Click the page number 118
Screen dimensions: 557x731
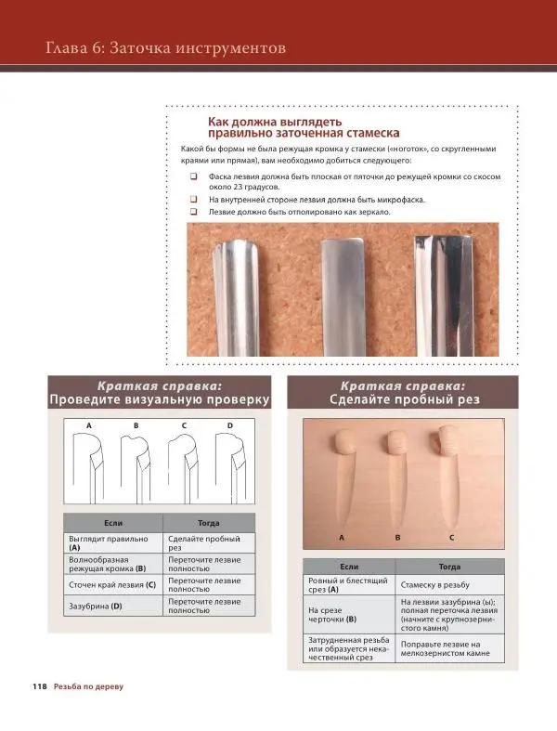tap(40, 686)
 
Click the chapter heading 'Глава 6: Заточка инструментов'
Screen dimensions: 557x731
tap(165, 48)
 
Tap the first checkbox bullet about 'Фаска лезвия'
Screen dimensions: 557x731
tap(193, 176)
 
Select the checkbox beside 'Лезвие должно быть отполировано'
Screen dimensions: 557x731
tap(193, 212)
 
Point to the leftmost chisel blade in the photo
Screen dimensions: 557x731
tap(236, 298)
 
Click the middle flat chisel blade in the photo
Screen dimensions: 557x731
tap(343, 297)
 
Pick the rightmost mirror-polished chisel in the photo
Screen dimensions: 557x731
tap(444, 295)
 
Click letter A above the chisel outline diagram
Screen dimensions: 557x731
tap(89, 425)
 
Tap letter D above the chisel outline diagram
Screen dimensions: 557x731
tap(230, 425)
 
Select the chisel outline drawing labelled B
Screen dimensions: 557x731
tap(136, 469)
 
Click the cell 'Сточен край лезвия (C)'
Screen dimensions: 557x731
tap(113, 584)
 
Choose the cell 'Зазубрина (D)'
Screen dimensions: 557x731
tap(113, 606)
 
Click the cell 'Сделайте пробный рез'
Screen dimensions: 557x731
tap(209, 543)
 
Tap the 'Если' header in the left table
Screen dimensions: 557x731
tap(113, 523)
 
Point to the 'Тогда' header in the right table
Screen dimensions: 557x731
tap(449, 567)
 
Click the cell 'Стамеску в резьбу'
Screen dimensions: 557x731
tap(449, 584)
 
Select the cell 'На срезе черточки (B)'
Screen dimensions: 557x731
tap(349, 615)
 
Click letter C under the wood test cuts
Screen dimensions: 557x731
tap(452, 538)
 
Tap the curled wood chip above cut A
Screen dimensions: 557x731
tap(345, 442)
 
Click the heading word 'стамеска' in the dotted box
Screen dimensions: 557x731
tap(371, 134)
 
